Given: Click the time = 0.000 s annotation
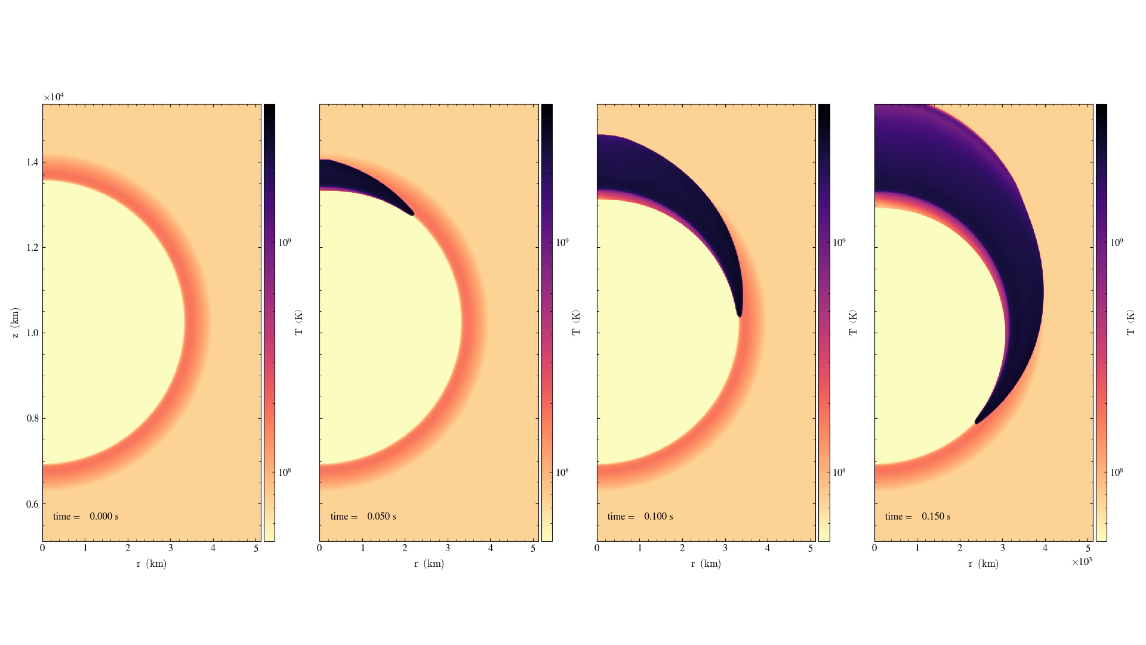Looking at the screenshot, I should coord(85,517).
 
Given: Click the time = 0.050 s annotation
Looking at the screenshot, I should coord(363,517).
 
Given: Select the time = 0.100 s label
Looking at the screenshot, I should coord(640,517).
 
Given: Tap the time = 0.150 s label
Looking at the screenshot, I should coord(917,517).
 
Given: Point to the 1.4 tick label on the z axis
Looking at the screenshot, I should coord(32,162).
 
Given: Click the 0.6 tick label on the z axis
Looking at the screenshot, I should coord(32,504).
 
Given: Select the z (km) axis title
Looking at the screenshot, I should coord(15,323).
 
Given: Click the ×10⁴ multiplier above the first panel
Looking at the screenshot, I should coord(53,97).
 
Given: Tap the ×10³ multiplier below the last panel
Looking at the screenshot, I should coord(1081,562).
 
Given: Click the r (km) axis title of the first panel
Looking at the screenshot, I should coord(151,564).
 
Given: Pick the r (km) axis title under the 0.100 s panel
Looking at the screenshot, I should coord(706,564).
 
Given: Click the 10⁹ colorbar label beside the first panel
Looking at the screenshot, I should coord(285,242).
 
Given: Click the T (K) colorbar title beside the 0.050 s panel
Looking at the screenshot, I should coord(576,323).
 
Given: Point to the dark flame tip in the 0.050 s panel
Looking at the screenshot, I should coord(411,213).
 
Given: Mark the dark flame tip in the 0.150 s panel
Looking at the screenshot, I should coord(977,422).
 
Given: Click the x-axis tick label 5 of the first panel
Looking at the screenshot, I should coord(256,548).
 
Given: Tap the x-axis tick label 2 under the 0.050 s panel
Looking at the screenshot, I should coord(405,548).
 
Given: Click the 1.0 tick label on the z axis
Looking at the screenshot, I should coord(32,333).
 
